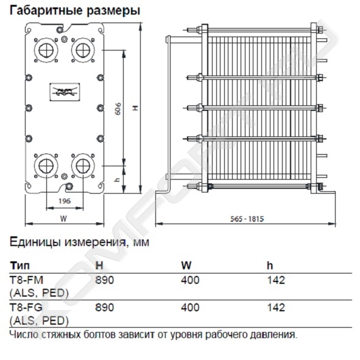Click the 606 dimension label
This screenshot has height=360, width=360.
point(118,109)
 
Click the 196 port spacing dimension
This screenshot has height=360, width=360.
point(65,201)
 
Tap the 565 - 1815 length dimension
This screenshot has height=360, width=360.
point(247,219)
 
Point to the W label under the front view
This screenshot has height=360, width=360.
point(63,219)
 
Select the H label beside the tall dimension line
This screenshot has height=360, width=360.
point(136,107)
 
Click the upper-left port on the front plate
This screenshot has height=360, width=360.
point(46,50)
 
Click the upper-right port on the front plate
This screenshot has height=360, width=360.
point(83,50)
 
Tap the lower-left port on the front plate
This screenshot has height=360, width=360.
point(46,166)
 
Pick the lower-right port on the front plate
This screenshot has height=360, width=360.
point(83,166)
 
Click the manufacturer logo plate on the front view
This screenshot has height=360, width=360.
point(65,92)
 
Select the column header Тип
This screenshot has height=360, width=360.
point(19,266)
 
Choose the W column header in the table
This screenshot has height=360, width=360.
point(186,266)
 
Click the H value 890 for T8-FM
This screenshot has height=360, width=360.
point(104,280)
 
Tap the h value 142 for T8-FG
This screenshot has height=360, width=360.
point(276,308)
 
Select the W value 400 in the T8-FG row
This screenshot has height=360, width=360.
point(190,308)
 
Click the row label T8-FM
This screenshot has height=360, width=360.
point(26,280)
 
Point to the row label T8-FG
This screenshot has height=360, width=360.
point(26,308)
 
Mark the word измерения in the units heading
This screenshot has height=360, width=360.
point(95,242)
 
